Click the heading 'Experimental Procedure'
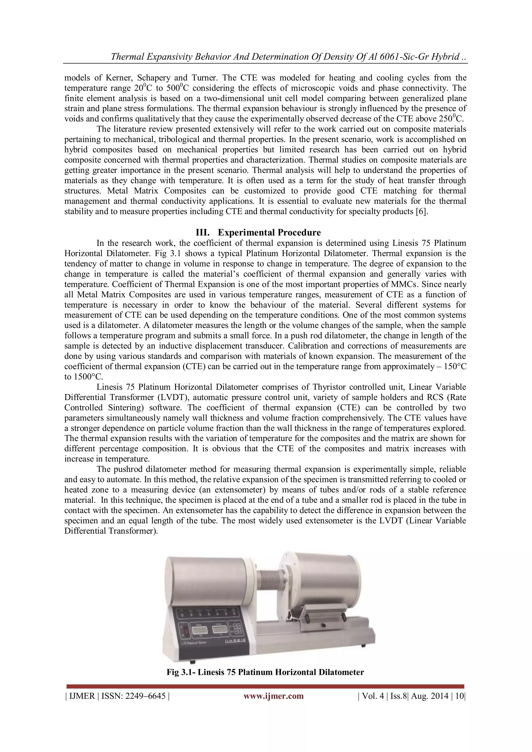(x=269, y=232)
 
